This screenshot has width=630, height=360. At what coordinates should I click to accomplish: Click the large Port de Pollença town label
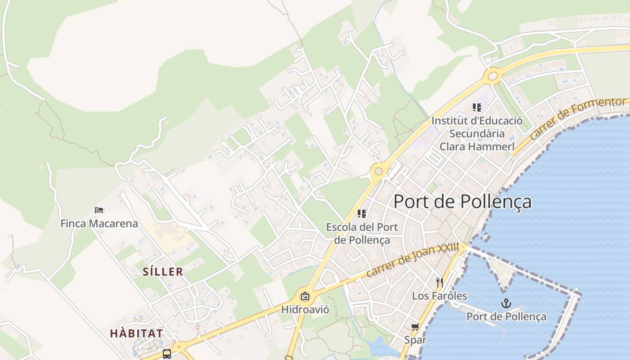462,202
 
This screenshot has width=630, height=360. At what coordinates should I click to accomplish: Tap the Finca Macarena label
99,223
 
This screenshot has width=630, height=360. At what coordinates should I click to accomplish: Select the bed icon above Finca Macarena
99,210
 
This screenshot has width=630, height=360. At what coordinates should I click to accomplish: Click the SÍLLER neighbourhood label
163,272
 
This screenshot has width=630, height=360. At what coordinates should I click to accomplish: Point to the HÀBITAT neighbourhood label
136,333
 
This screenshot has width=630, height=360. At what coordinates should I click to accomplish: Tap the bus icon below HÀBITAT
167,354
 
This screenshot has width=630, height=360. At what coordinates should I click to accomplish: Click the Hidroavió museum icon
305,296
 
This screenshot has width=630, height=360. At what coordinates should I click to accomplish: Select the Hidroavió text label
305,310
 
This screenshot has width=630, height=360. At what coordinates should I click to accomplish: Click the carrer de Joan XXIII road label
412,260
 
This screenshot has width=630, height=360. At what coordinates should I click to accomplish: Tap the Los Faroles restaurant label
440,296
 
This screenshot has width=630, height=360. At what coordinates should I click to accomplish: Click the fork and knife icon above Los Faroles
440,283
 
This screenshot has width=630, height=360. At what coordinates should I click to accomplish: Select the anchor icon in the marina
506,303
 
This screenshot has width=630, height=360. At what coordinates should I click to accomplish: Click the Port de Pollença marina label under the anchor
506,316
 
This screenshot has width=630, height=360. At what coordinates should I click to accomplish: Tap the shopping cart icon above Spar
415,327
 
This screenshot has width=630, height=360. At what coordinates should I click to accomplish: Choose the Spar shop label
415,340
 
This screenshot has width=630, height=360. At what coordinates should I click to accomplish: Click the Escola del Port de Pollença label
362,234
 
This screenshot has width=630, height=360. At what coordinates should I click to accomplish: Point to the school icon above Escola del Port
361,214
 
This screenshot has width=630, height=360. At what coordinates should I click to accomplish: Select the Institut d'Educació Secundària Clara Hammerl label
477,134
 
